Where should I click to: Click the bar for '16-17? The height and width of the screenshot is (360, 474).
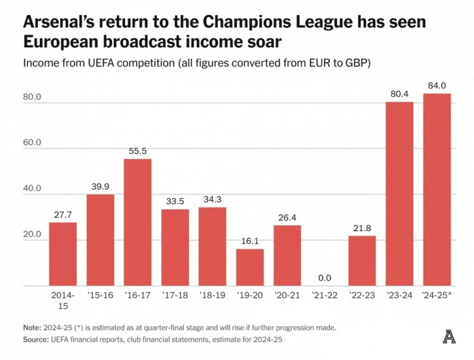click(138, 222)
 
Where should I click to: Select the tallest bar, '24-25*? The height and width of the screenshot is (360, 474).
click(437, 189)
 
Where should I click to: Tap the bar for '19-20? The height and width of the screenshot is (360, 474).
click(250, 267)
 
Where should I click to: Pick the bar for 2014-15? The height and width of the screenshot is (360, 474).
click(63, 254)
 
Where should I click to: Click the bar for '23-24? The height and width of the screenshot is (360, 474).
click(399, 194)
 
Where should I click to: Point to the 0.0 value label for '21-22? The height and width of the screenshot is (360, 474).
click(325, 277)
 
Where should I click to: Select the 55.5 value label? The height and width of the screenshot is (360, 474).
click(138, 152)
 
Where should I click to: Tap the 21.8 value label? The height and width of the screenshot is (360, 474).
click(362, 228)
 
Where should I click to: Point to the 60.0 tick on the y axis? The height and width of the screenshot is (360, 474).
click(31, 143)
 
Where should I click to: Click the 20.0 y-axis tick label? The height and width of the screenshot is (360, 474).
click(31, 234)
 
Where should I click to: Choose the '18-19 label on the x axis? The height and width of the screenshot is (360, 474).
click(212, 295)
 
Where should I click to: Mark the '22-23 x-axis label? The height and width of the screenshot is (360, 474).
click(362, 295)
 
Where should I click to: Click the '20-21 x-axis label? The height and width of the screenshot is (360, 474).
click(288, 295)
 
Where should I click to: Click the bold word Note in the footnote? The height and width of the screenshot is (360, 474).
click(31, 328)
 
